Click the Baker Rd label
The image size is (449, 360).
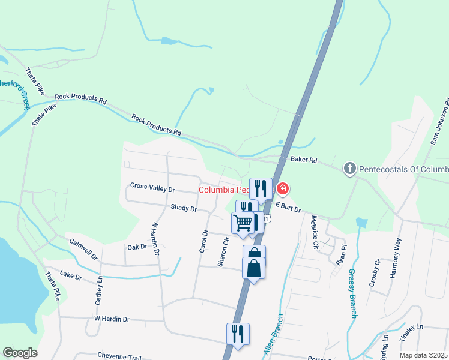tap(303, 160)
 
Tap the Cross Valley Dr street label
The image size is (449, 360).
tap(152, 188)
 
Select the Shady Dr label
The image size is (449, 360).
tap(184, 209)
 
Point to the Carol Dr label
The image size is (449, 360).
tap(205, 241)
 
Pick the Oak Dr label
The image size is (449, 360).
tap(137, 247)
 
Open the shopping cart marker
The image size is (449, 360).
tap(243, 223)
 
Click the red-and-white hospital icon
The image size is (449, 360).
tap(282, 190)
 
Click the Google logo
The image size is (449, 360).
tap(20, 353)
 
